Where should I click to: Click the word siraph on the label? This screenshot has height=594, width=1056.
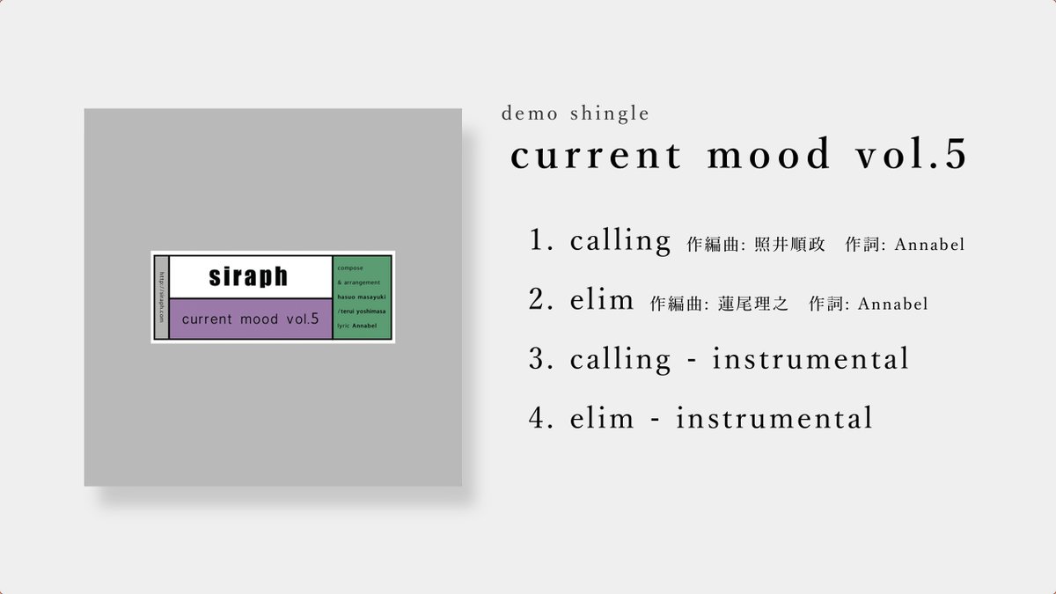(x=248, y=276)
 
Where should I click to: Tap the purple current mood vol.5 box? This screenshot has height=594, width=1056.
(x=250, y=319)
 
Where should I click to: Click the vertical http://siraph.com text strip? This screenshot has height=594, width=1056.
(x=161, y=297)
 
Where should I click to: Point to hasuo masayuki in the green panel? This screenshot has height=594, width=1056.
(x=362, y=298)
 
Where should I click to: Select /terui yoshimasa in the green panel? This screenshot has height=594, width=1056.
(x=363, y=312)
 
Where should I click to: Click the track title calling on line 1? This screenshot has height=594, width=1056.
(x=620, y=241)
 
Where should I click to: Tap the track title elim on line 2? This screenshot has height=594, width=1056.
(x=602, y=300)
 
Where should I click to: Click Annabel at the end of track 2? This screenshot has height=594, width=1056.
(x=892, y=304)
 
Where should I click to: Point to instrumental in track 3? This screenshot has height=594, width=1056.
(x=810, y=359)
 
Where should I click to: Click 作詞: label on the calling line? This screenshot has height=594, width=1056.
(x=864, y=245)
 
